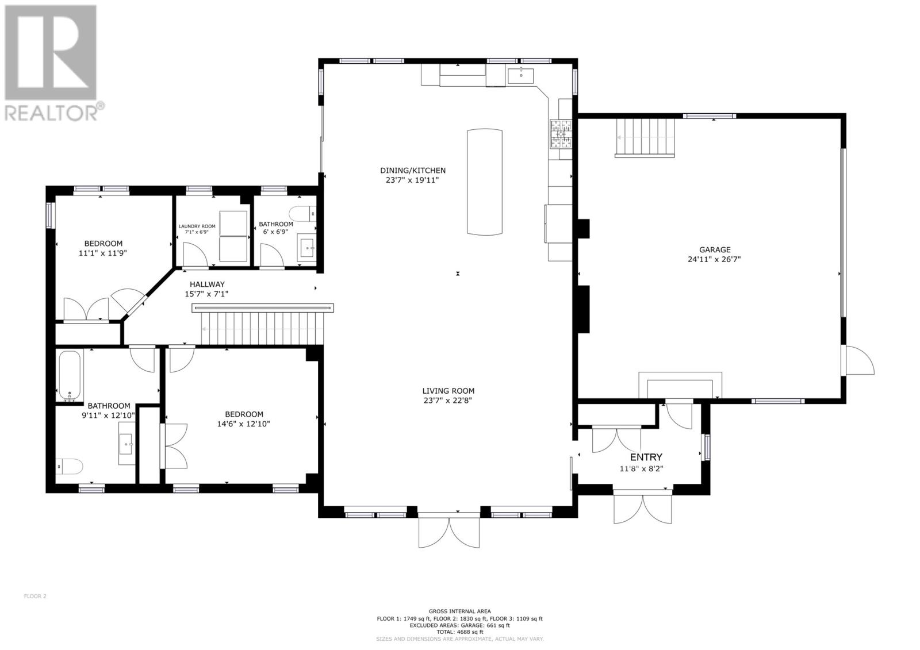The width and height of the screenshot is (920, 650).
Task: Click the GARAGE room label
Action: pyautogui.click(x=715, y=249)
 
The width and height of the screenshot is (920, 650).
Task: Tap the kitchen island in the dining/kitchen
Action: pyautogui.click(x=484, y=182)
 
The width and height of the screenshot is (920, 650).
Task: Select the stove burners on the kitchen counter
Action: pyautogui.click(x=561, y=134)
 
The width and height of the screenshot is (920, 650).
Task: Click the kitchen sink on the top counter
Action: pyautogui.click(x=520, y=75)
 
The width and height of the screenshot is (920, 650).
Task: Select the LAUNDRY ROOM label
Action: pyautogui.click(x=197, y=226)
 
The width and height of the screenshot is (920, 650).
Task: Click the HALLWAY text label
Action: pyautogui.click(x=207, y=284)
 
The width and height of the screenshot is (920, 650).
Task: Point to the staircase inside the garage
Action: pyautogui.click(x=645, y=137)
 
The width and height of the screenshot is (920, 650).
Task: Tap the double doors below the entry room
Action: pyautogui.click(x=642, y=508)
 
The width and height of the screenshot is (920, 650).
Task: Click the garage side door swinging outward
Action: pyautogui.click(x=858, y=360)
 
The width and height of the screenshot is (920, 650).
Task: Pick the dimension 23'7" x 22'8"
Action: pyautogui.click(x=448, y=401)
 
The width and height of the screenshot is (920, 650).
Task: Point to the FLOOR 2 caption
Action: pyautogui.click(x=34, y=596)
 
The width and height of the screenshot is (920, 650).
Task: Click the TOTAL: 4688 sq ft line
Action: pyautogui.click(x=459, y=632)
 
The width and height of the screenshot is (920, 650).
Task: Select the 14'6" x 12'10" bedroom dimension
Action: pyautogui.click(x=244, y=424)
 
